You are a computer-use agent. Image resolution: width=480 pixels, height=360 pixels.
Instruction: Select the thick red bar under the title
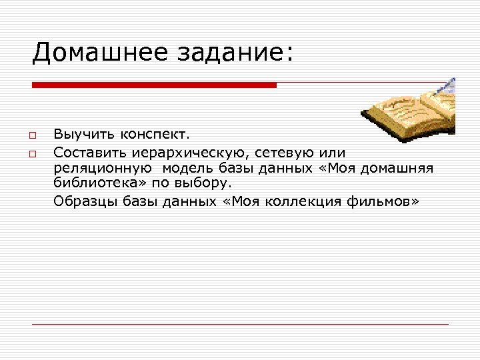coord(154,85)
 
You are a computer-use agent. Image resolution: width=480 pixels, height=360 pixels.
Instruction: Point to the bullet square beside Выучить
coord(32,137)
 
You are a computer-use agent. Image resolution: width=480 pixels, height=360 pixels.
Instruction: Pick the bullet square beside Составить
coord(32,154)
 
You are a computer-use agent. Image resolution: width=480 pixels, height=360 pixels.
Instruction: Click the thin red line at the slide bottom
coord(240,324)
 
